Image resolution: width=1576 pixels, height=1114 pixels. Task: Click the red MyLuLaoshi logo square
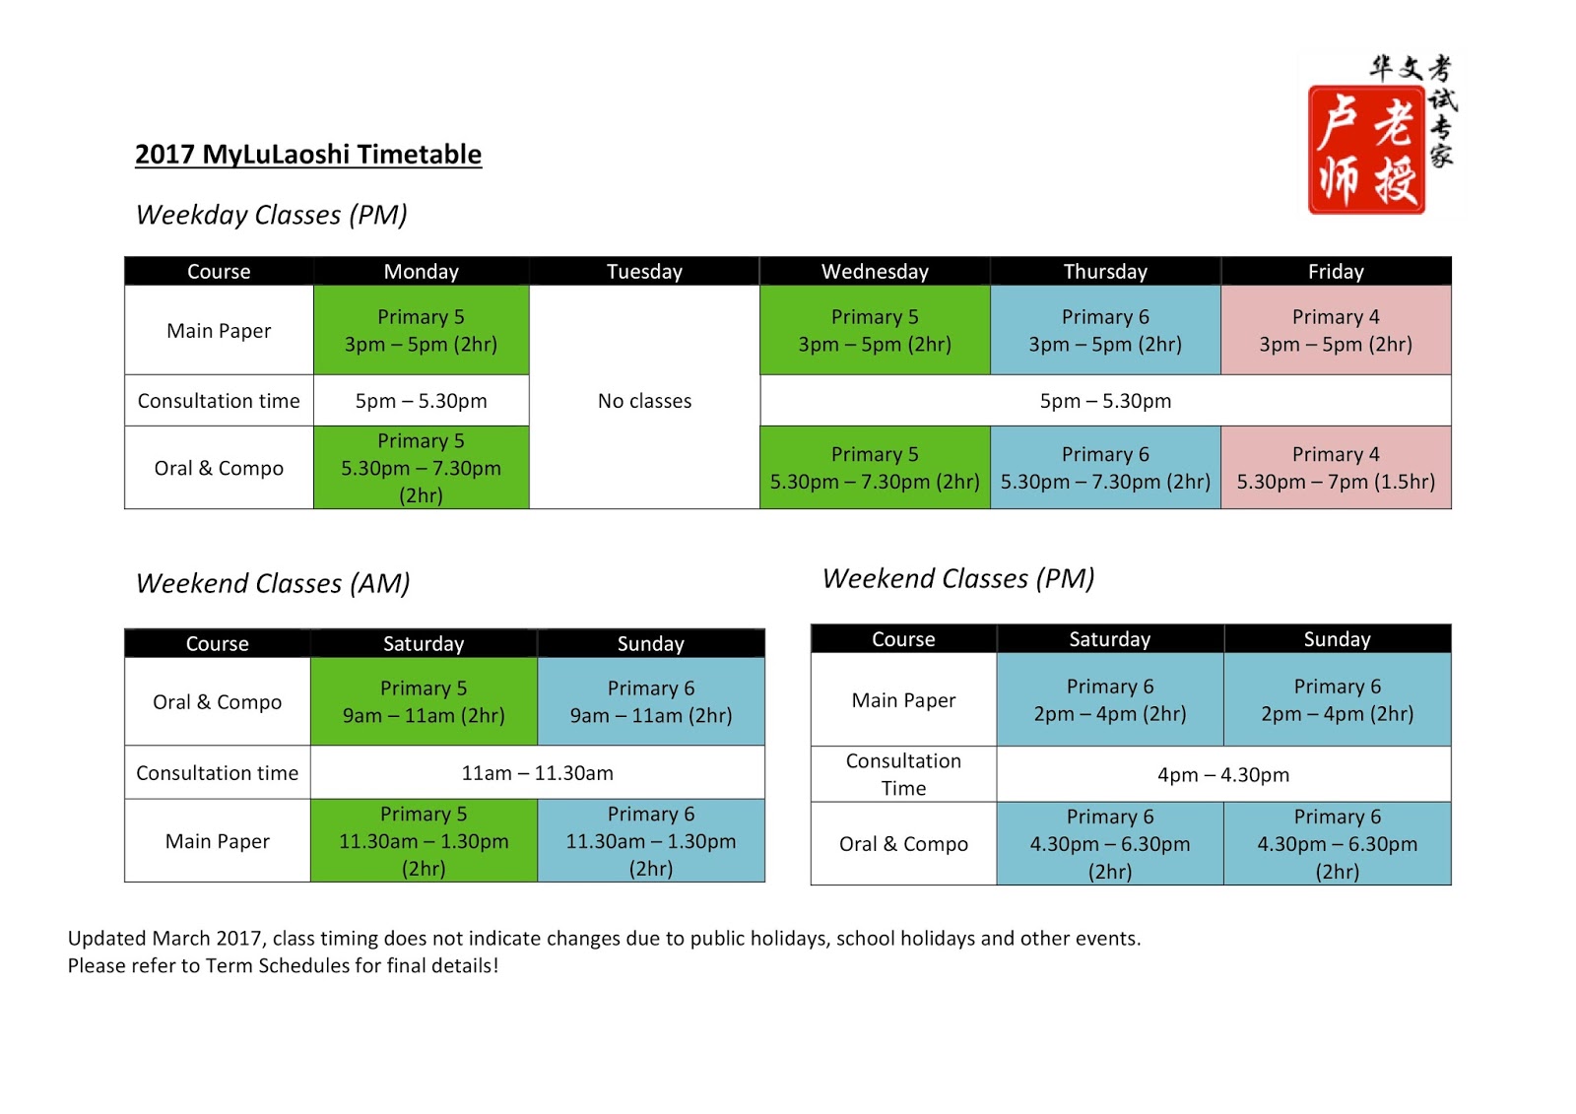[1366, 150]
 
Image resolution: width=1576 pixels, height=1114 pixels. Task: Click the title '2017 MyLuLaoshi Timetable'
[308, 155]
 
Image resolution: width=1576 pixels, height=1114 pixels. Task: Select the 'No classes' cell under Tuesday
[644, 401]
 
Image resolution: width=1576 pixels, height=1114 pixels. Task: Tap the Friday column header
[1336, 272]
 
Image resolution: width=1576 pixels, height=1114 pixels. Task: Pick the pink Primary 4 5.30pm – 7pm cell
[1336, 468]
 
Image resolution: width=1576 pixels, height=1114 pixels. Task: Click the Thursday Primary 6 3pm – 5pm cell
[1105, 331]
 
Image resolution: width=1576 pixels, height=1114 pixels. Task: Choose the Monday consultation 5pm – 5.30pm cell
[421, 401]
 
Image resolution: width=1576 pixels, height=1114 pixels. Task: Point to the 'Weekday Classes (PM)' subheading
[272, 215]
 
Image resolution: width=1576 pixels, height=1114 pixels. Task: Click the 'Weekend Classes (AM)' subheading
[273, 583]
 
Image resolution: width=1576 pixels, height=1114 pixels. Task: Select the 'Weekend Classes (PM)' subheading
[958, 578]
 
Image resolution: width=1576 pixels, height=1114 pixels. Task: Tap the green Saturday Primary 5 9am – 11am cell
[424, 701]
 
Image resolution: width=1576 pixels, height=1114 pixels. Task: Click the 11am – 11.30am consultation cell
[537, 773]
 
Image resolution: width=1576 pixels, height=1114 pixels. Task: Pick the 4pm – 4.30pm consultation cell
[1223, 775]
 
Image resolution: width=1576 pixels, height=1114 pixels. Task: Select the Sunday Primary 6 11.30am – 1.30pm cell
[650, 841]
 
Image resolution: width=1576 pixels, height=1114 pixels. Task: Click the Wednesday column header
[875, 272]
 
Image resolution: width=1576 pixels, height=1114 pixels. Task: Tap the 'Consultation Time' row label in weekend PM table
[903, 774]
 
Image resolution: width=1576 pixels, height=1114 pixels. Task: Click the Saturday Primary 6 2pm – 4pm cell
[1110, 699]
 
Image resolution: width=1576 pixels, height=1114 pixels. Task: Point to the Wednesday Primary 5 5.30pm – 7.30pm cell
[875, 468]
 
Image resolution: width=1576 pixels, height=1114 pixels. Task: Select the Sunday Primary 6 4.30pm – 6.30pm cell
[1337, 844]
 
